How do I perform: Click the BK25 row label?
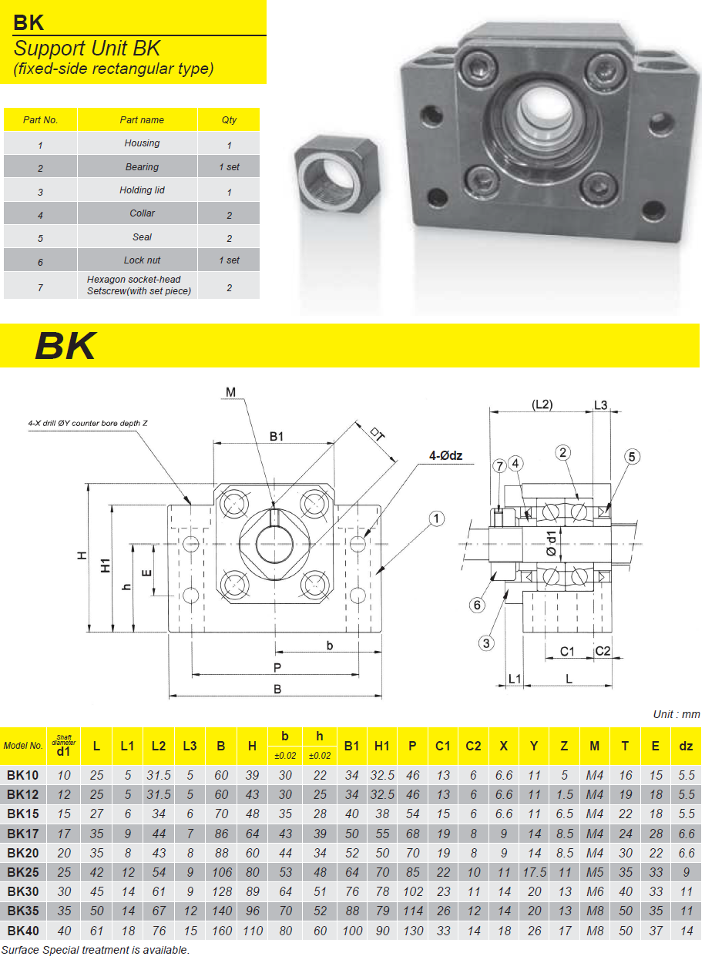pyautogui.click(x=23, y=872)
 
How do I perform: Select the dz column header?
pyautogui.click(x=686, y=745)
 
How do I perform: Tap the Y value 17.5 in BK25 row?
pyautogui.click(x=534, y=872)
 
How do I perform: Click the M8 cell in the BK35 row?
pyautogui.click(x=594, y=911)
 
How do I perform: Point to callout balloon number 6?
pyautogui.click(x=478, y=606)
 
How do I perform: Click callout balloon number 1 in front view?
pyautogui.click(x=437, y=519)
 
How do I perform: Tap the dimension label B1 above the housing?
pyautogui.click(x=277, y=437)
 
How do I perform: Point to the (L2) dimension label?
pyautogui.click(x=545, y=404)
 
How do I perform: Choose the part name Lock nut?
pyautogui.click(x=143, y=260)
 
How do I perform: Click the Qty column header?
pyautogui.click(x=229, y=119)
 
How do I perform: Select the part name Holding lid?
pyautogui.click(x=143, y=190)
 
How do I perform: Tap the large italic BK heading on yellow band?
pyautogui.click(x=65, y=347)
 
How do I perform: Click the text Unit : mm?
pyautogui.click(x=676, y=714)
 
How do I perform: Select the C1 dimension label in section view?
pyautogui.click(x=567, y=652)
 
